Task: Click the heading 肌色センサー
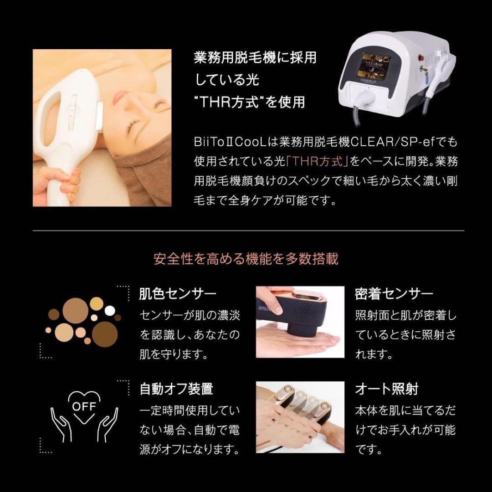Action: pyautogui.click(x=177, y=294)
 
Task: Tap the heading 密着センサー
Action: pyautogui.click(x=394, y=294)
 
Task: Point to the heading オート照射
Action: pyautogui.click(x=386, y=389)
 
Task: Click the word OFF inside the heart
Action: pyautogui.click(x=84, y=405)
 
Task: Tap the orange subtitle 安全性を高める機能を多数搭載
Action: pyautogui.click(x=246, y=259)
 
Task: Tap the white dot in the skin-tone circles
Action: pyautogui.click(x=110, y=311)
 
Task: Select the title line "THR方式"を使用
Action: pyautogui.click(x=250, y=101)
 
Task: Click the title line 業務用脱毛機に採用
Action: pyautogui.click(x=255, y=58)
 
